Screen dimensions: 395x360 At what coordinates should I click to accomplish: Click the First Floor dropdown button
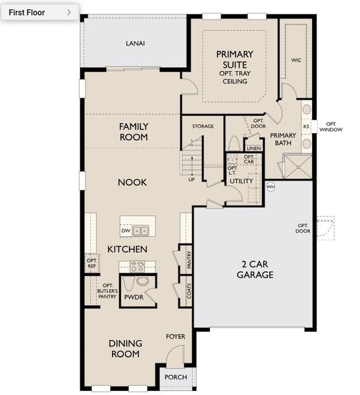39,12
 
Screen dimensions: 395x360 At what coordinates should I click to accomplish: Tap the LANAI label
135,44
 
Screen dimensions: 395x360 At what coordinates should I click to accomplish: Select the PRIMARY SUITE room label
234,63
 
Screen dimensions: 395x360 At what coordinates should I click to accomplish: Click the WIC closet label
296,60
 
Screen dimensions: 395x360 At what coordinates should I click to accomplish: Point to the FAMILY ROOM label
134,132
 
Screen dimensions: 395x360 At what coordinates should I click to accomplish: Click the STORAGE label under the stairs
203,126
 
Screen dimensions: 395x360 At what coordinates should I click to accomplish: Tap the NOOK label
133,182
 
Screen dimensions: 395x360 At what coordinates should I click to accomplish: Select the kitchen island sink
140,230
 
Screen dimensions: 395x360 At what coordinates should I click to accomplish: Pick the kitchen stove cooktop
137,267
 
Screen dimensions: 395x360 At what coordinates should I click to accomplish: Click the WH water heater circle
270,186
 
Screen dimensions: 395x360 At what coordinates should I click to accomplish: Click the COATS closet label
189,292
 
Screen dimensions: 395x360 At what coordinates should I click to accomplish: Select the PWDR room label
134,297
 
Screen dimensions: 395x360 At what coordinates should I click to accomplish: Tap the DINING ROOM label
124,348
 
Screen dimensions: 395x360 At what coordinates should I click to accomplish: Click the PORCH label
176,377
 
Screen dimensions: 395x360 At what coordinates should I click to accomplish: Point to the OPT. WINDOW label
330,126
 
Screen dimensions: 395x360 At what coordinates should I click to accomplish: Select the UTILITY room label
242,180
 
